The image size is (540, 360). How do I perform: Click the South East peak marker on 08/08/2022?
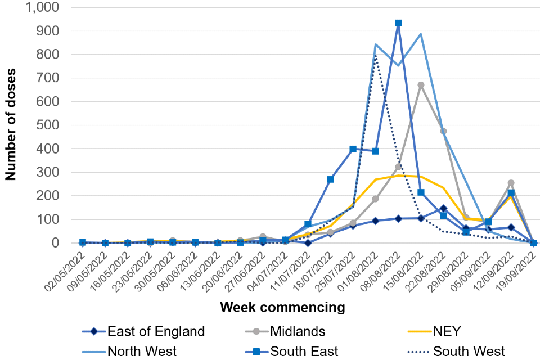[398, 23]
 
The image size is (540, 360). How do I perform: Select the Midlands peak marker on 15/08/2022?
[421, 85]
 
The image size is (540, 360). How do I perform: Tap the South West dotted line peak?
[376, 55]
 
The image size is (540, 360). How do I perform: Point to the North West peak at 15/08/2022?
[421, 34]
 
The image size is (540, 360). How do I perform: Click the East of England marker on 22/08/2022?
[443, 208]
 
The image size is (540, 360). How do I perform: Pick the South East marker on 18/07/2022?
[331, 179]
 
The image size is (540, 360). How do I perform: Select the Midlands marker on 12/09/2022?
[511, 183]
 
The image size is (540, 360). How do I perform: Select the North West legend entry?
[142, 352]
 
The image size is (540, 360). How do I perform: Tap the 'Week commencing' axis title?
[282, 307]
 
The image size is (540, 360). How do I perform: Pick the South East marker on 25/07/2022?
[353, 149]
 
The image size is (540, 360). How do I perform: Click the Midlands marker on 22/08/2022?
[443, 132]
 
